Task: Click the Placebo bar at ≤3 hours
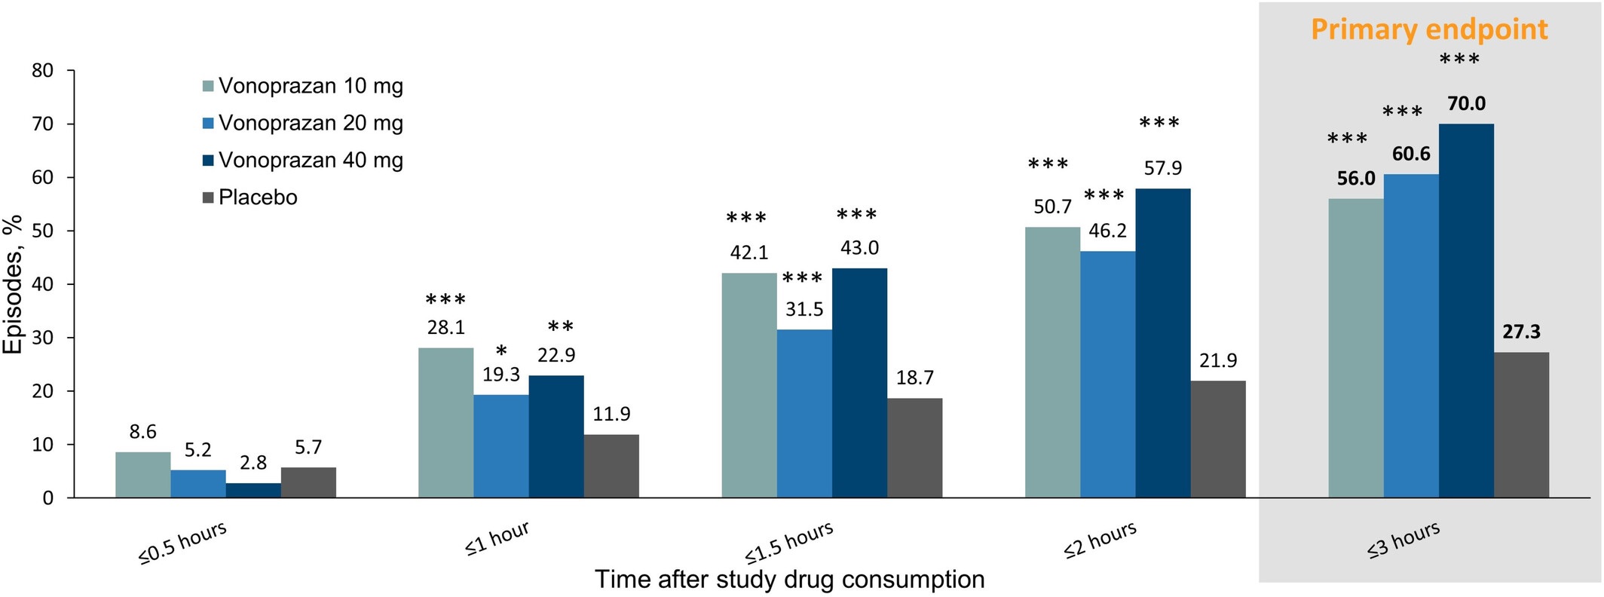click(1521, 425)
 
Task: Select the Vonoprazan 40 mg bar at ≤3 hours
click(1466, 311)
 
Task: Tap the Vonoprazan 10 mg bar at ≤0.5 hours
click(143, 475)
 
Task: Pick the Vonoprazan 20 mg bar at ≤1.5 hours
click(804, 414)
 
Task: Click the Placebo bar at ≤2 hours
click(1218, 439)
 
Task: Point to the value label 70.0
click(1466, 104)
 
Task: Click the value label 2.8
click(253, 463)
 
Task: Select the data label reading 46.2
click(1107, 231)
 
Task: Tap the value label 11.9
click(611, 414)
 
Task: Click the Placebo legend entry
click(257, 197)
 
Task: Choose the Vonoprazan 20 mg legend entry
click(310, 123)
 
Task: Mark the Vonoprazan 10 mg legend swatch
click(209, 86)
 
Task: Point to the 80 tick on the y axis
click(43, 71)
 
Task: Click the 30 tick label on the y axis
click(43, 338)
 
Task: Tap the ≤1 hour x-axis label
click(497, 540)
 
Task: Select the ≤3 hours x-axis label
click(1403, 540)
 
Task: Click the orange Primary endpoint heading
click(1429, 29)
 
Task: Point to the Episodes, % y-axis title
click(14, 285)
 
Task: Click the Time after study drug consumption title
click(789, 579)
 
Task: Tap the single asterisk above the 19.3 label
click(501, 351)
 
